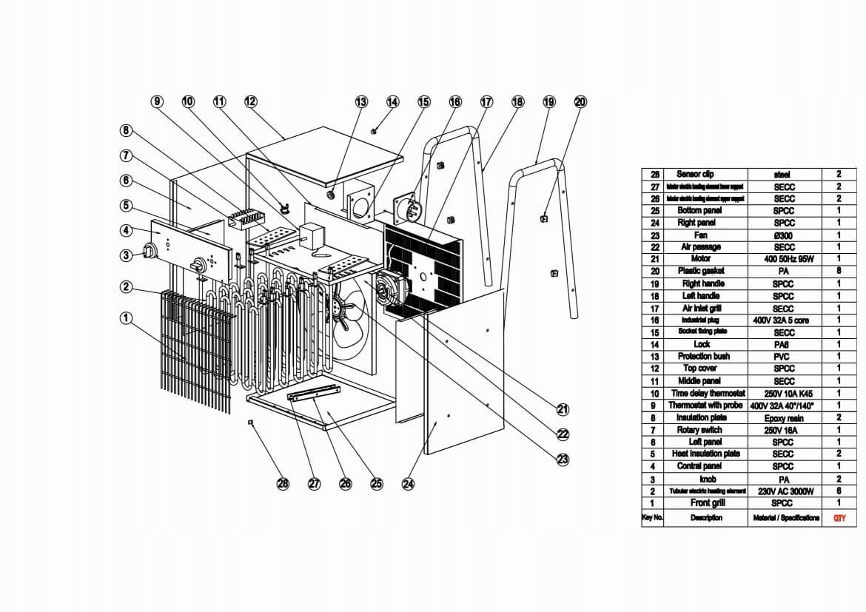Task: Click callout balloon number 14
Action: [x=392, y=101]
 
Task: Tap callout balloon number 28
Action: [x=283, y=484]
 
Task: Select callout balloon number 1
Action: [x=127, y=318]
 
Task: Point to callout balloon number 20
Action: [x=580, y=101]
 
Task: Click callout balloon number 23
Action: [x=563, y=460]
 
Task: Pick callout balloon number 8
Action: [x=127, y=131]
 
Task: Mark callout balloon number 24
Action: [x=408, y=484]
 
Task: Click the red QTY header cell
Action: [x=839, y=518]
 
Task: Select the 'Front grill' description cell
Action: [x=705, y=503]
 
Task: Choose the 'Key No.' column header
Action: [x=652, y=518]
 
